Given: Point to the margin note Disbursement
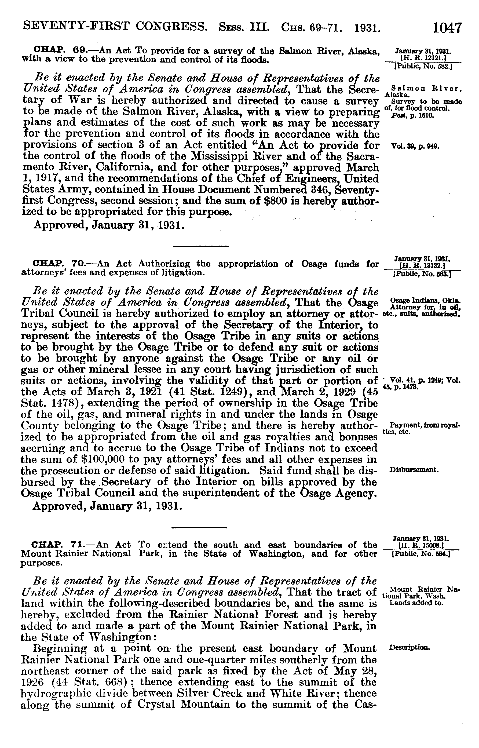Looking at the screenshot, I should [414, 470].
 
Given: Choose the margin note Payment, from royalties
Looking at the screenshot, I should [425, 429].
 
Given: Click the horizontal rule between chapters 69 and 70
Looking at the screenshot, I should [201, 247].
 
